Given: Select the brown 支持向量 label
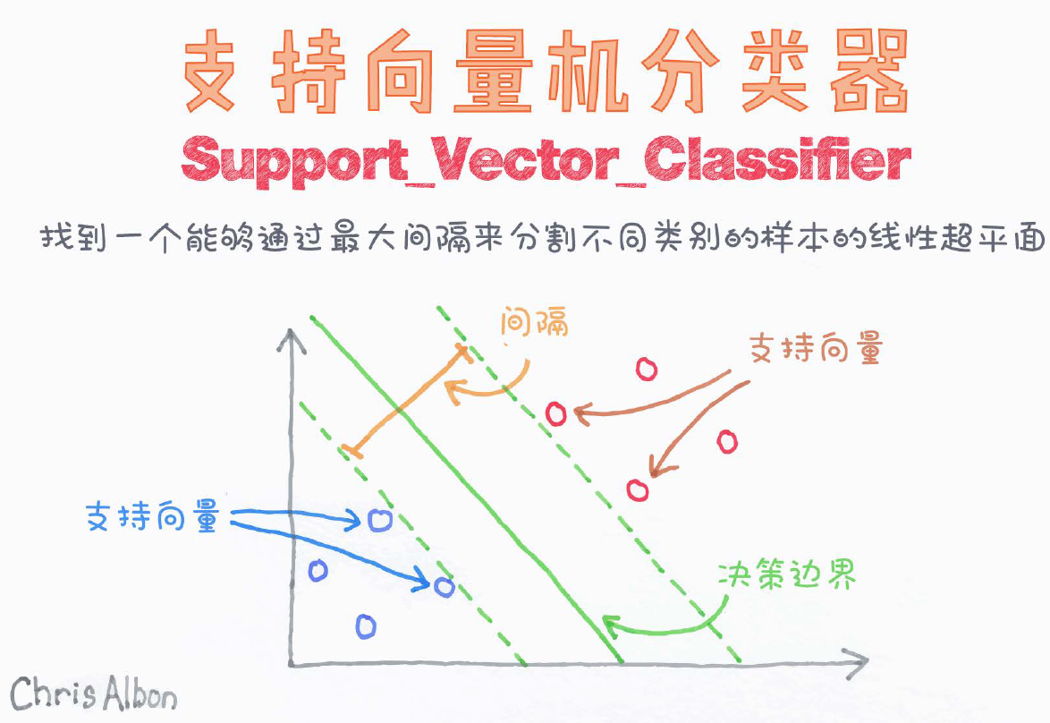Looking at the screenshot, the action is (x=816, y=349).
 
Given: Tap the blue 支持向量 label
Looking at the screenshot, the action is (x=152, y=516).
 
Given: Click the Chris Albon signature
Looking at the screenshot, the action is (x=94, y=693).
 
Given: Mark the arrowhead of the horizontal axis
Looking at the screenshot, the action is (x=860, y=664).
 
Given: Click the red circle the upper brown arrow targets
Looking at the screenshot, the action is (x=556, y=413).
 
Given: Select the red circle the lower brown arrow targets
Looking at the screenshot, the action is (x=638, y=489).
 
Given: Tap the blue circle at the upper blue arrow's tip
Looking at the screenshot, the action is (x=379, y=519).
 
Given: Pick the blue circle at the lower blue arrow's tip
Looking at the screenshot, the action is (x=444, y=587).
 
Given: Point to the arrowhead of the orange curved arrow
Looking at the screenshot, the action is (x=451, y=387).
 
